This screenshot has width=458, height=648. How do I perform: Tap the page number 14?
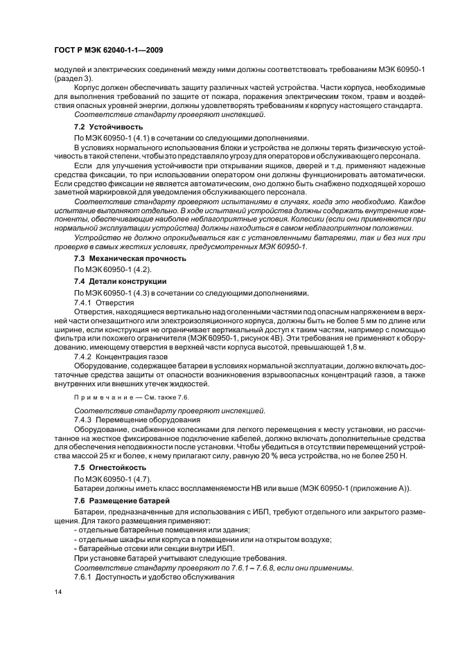[x=58, y=593]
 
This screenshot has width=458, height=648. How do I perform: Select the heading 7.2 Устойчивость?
[x=108, y=127]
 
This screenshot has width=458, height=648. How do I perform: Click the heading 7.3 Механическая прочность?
[x=130, y=258]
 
